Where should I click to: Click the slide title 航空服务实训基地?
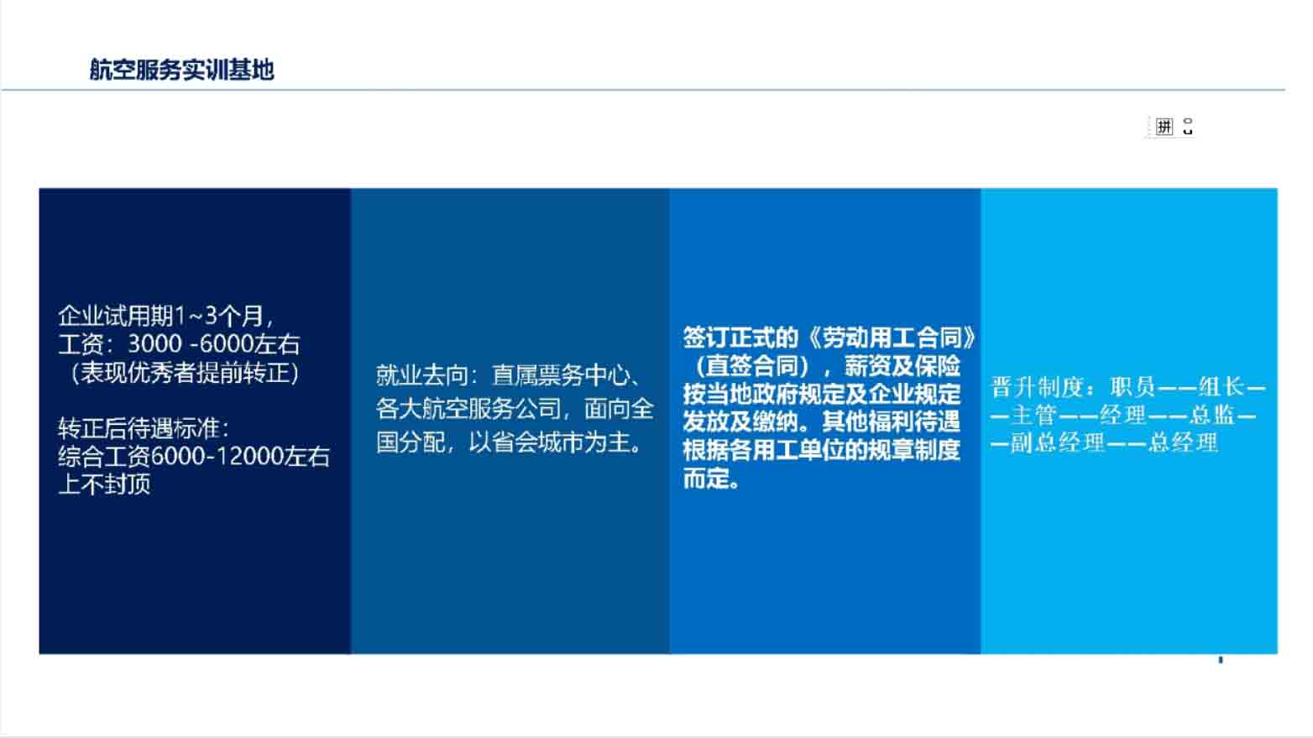point(181,70)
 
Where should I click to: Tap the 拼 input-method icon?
point(1164,126)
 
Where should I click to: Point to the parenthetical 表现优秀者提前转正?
point(185,373)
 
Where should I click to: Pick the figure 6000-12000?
point(217,457)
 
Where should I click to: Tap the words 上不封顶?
point(104,484)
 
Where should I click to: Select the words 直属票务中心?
point(560,376)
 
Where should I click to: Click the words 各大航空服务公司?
point(468,409)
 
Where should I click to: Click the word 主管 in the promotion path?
point(1034,416)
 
